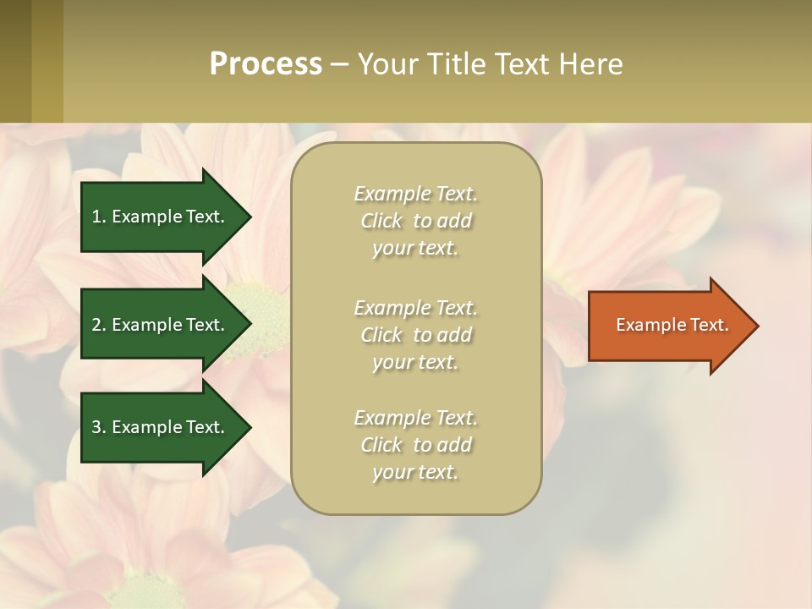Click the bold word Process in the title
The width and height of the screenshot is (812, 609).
tap(266, 64)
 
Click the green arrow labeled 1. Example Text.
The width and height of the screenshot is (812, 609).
tap(161, 217)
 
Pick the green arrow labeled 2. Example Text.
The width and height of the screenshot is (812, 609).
tap(161, 325)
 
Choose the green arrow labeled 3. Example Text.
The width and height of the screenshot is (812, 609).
tap(161, 427)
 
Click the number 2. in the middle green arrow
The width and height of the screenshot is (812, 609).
tap(99, 325)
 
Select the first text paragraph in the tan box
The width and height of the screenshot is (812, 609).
tap(415, 221)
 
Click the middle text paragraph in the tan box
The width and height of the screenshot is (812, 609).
tap(415, 335)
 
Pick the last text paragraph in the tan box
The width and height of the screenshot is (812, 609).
tap(415, 445)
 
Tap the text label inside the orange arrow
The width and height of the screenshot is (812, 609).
tap(672, 325)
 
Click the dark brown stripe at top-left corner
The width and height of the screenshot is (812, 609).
tap(15, 61)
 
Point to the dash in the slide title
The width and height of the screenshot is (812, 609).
tap(339, 65)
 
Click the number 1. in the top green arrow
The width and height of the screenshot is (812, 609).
tap(99, 217)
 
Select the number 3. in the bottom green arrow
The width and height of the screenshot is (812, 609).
tap(99, 427)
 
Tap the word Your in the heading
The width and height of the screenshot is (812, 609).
tap(388, 64)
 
